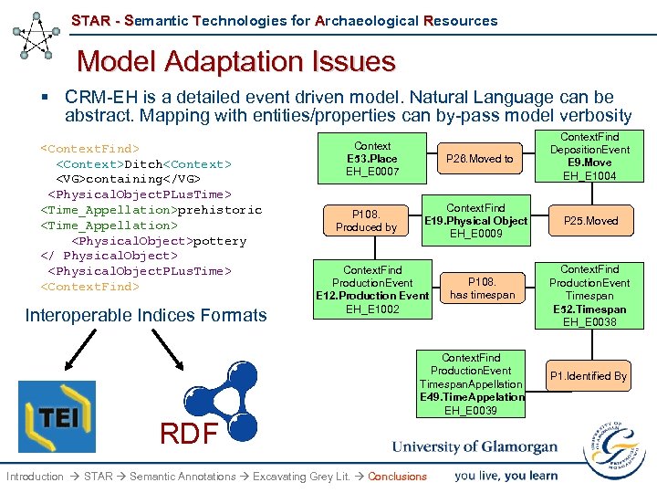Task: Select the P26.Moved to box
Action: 479,159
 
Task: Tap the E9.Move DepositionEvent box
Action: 589,156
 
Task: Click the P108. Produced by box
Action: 366,221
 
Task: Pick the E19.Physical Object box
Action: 475,221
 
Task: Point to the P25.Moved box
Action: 589,221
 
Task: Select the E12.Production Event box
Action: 371,289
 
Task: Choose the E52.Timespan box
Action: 589,295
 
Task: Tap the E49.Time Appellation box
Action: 471,384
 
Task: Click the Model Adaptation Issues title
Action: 236,61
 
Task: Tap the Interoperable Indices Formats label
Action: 146,316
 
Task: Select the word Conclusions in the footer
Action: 397,477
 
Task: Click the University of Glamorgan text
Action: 474,447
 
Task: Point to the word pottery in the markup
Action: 219,241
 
